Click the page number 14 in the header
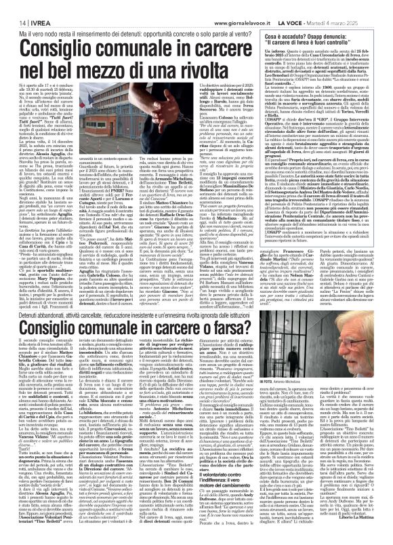point(13,5)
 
